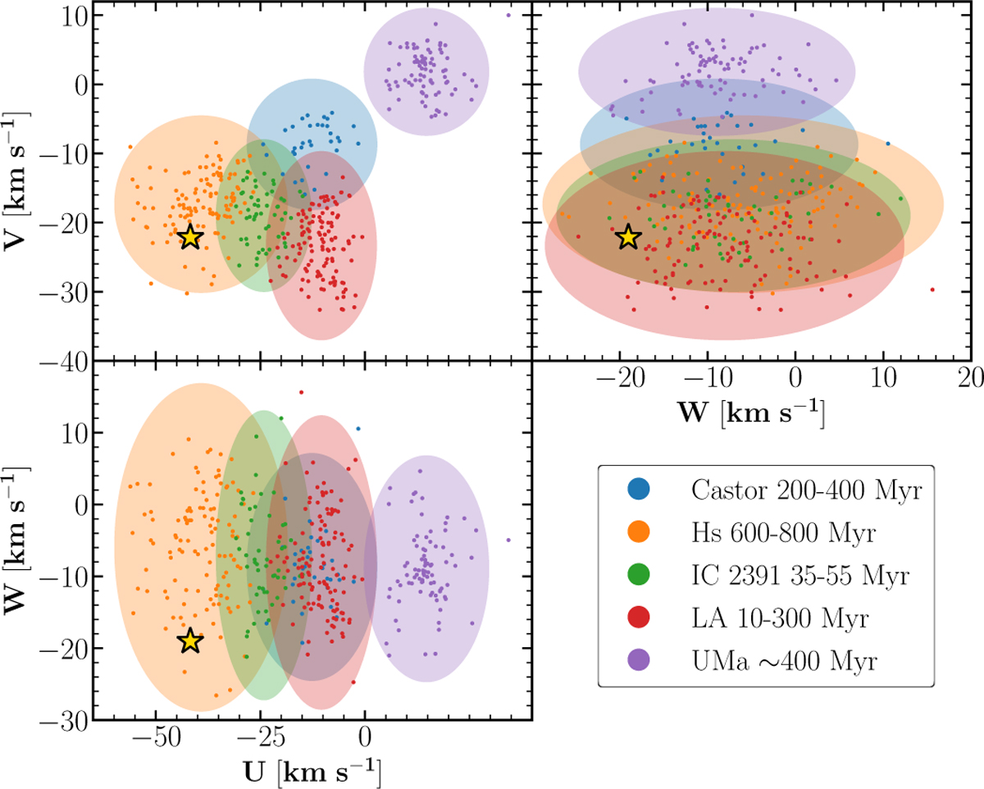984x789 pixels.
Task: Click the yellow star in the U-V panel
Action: click(189, 236)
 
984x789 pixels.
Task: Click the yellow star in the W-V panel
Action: click(628, 236)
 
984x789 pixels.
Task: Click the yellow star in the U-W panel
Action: click(189, 641)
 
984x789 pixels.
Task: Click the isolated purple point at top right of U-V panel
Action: click(508, 15)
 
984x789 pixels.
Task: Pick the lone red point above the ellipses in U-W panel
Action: click(302, 392)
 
